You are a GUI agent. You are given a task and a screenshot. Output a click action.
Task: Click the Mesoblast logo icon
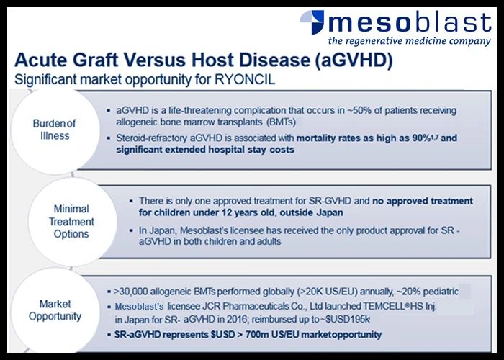click(x=312, y=22)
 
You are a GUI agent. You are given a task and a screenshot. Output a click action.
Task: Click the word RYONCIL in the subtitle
click(x=245, y=79)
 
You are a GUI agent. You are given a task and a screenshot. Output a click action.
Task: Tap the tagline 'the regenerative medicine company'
click(x=410, y=41)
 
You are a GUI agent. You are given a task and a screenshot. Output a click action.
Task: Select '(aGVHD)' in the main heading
click(x=354, y=60)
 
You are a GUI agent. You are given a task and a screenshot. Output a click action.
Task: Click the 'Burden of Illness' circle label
click(x=54, y=130)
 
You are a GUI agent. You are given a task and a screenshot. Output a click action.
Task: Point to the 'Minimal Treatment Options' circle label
click(x=71, y=222)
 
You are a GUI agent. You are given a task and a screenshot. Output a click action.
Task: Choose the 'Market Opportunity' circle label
click(x=55, y=310)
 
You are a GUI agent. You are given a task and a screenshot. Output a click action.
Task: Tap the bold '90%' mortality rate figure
click(x=422, y=138)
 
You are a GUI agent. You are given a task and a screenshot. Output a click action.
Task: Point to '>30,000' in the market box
click(x=131, y=292)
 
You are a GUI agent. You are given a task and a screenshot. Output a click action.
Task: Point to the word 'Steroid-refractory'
click(x=152, y=138)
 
